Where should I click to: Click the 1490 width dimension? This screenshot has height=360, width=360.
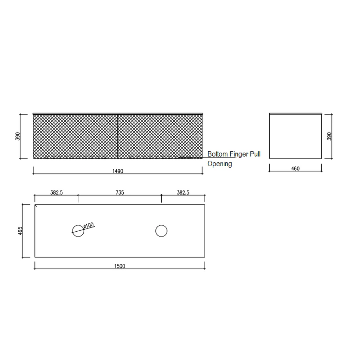118,171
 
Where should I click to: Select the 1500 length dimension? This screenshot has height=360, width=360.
120,266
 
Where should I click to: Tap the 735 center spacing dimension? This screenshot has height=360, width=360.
120,192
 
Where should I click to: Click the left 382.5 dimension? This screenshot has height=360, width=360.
56,192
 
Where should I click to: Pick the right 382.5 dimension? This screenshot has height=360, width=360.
183,192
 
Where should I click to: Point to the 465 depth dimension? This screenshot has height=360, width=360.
20,231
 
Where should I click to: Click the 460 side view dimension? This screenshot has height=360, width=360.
295,169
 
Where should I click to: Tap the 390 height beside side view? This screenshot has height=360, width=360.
329,136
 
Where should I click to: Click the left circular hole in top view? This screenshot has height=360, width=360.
78,231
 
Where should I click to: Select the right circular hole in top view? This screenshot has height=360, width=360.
161,231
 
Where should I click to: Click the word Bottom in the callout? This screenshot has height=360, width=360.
218,154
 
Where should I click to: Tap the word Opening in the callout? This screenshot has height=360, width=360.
220,164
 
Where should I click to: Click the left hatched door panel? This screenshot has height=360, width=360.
75,136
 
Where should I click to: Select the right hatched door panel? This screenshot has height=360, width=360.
160,136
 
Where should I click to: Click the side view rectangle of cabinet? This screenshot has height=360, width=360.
295,136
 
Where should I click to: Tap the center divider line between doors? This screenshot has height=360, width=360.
118,136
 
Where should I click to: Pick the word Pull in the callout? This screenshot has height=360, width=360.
255,154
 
